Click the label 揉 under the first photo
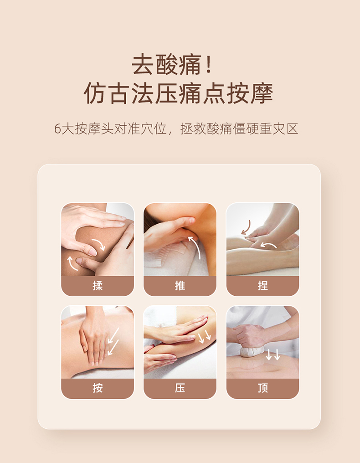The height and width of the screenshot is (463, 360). [98, 286]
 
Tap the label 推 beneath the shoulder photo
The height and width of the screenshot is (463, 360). [180, 286]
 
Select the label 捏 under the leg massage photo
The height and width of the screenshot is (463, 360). [262, 286]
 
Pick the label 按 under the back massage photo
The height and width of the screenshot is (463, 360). [98, 388]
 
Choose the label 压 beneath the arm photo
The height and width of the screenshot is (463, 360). [180, 388]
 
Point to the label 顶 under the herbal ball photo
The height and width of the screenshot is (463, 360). [262, 388]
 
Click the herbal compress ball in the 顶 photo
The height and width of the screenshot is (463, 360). [252, 351]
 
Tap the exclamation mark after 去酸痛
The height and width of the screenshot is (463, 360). [209, 63]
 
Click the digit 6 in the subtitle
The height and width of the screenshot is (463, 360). [57, 129]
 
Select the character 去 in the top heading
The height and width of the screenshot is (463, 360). [143, 64]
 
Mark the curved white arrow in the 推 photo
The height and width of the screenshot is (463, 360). [196, 247]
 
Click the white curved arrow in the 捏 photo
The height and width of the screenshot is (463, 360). [268, 245]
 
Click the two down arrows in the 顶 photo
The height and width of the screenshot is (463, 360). [273, 355]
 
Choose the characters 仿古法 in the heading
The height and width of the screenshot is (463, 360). [119, 93]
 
